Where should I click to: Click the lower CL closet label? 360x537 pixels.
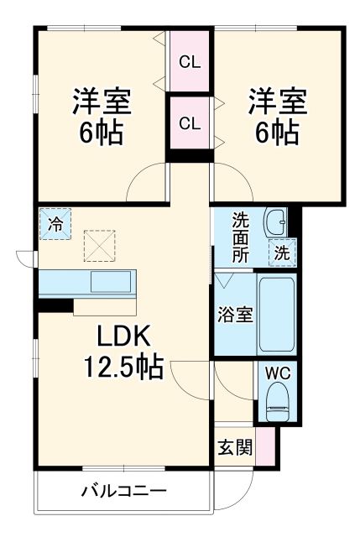click(x=190, y=123)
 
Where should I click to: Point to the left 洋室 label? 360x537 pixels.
click(x=101, y=102)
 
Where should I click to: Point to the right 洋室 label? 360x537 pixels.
click(x=277, y=102)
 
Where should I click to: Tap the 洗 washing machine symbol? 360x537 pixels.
click(x=283, y=252)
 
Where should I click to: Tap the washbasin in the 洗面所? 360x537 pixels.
click(x=274, y=222)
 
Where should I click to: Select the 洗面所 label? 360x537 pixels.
click(x=241, y=237)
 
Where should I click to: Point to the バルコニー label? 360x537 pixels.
click(x=124, y=491)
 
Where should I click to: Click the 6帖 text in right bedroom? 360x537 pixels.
click(x=277, y=133)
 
